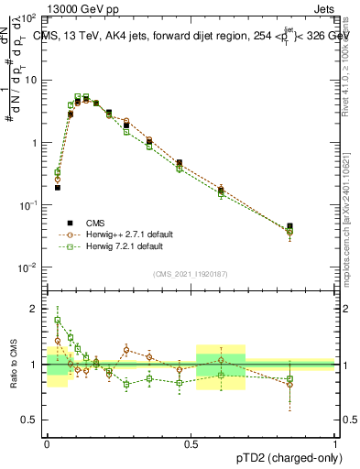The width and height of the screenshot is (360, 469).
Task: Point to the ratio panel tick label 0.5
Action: pyautogui.click(x=30, y=420)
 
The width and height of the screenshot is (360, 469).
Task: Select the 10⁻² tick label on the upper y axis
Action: pyautogui.click(x=27, y=267)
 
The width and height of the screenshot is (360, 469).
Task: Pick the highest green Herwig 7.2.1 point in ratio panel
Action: pyautogui.click(x=59, y=321)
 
